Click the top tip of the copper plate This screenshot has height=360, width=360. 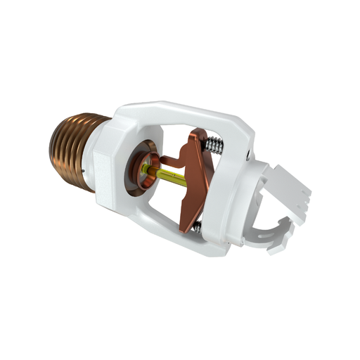coord(200,134)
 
